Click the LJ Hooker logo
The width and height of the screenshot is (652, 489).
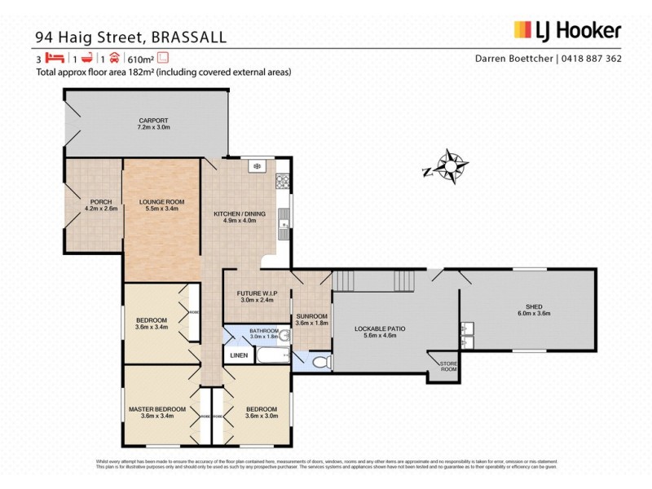(567, 31)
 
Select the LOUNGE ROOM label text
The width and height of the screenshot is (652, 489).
(161, 201)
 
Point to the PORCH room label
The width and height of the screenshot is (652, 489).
(101, 201)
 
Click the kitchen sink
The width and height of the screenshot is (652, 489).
(284, 219)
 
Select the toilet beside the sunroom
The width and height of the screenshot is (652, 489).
(319, 362)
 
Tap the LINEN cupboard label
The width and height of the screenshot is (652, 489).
(238, 355)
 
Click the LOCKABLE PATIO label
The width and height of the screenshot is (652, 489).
(379, 328)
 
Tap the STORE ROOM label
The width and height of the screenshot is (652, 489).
(447, 366)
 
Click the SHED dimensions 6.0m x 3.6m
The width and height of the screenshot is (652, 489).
(534, 313)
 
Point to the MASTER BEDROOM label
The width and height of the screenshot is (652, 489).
(157, 409)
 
